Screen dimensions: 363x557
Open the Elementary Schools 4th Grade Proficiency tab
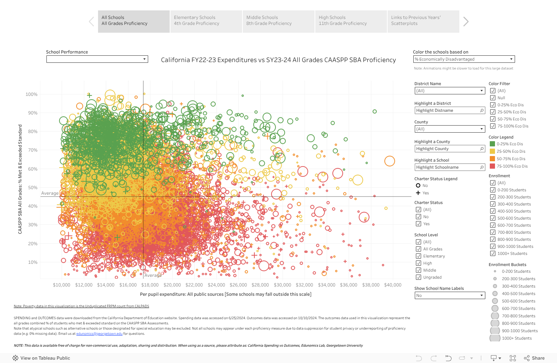(206, 21)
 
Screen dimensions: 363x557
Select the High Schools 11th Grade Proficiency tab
(351, 21)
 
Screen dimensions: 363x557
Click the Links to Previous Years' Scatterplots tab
(423, 21)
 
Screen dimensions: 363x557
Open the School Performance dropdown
(97, 59)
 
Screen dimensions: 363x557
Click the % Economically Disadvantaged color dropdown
(464, 59)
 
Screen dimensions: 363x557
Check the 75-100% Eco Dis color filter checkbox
(493, 126)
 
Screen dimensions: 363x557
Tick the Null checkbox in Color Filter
(493, 98)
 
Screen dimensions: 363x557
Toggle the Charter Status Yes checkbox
(418, 224)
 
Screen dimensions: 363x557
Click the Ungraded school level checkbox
(418, 277)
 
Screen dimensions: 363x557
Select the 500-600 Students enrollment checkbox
(493, 218)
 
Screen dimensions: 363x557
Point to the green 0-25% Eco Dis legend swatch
(492, 144)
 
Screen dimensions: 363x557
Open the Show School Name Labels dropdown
(450, 295)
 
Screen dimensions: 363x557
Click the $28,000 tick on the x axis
(260, 285)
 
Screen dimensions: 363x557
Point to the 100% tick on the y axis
(32, 94)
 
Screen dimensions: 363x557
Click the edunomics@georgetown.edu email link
(99, 334)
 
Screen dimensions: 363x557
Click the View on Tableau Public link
(45, 358)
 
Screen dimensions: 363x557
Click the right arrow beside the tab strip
(466, 22)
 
